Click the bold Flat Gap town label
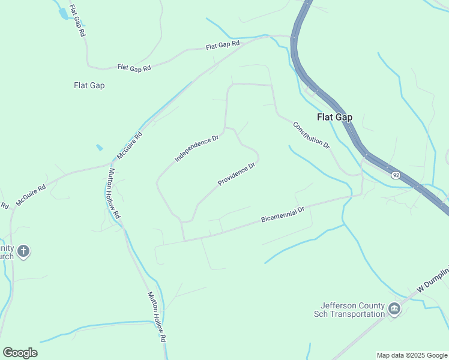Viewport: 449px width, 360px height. coord(334,117)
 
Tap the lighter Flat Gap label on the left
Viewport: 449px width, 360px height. coord(89,85)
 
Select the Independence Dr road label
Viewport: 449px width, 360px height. coord(196,149)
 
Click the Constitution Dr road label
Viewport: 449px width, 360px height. coord(312,136)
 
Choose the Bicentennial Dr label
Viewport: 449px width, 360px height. coord(283,214)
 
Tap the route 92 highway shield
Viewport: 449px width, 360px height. coord(396,175)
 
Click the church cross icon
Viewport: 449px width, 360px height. coord(23,251)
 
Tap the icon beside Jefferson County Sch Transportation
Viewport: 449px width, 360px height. coord(394,309)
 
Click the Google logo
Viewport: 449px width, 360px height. coord(20,353)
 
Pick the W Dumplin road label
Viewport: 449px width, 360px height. coord(432,284)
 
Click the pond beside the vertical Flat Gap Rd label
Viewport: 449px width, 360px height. coord(62,14)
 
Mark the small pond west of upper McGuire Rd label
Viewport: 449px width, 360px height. coord(99,147)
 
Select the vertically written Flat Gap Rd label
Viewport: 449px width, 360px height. coord(77,22)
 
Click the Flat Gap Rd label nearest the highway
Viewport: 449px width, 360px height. coord(223,45)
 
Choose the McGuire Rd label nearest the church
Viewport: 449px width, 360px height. coord(31,196)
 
